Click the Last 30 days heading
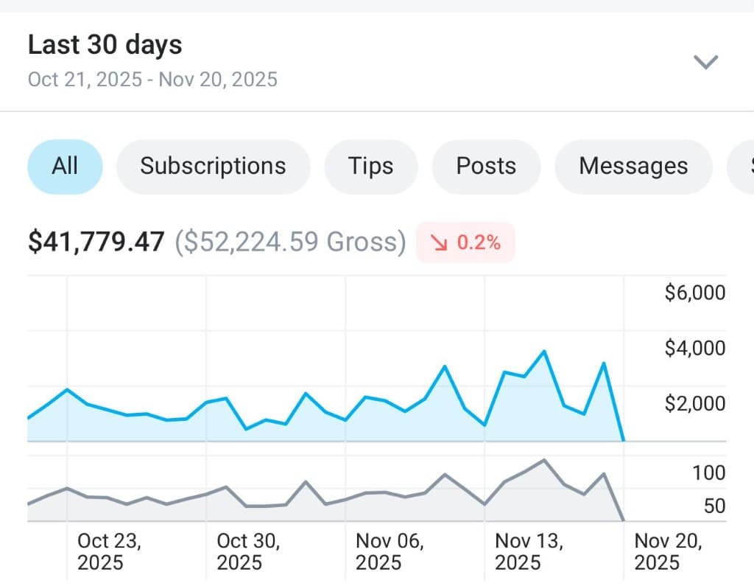click(105, 45)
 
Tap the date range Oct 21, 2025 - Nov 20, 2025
click(152, 79)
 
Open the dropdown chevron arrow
click(705, 62)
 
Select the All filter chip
click(65, 166)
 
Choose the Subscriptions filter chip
click(213, 166)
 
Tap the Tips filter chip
click(370, 166)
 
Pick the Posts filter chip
click(486, 166)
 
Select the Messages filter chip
click(633, 166)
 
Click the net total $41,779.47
click(96, 242)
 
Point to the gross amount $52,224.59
click(289, 242)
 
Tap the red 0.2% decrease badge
click(465, 242)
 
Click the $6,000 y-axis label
click(694, 293)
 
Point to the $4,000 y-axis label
click(694, 348)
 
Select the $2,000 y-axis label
click(694, 403)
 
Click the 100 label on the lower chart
click(708, 472)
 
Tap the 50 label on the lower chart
click(714, 506)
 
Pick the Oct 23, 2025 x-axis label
click(109, 551)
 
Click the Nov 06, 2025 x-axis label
click(389, 551)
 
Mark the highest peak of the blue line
click(544, 351)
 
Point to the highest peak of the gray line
click(543, 460)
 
